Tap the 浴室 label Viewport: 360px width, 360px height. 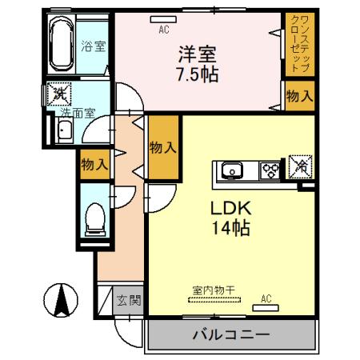tap(93, 46)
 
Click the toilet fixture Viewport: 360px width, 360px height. tap(94, 215)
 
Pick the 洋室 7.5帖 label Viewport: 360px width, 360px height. tap(198, 65)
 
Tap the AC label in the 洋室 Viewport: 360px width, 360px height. tap(163, 30)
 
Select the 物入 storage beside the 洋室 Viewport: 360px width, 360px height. tap(298, 97)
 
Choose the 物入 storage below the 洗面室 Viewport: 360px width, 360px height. tap(94, 166)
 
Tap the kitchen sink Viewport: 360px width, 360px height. tap(232, 170)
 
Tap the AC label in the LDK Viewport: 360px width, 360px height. tap(266, 301)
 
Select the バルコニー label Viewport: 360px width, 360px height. tap(230, 334)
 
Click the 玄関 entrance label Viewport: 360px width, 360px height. tap(129, 301)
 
